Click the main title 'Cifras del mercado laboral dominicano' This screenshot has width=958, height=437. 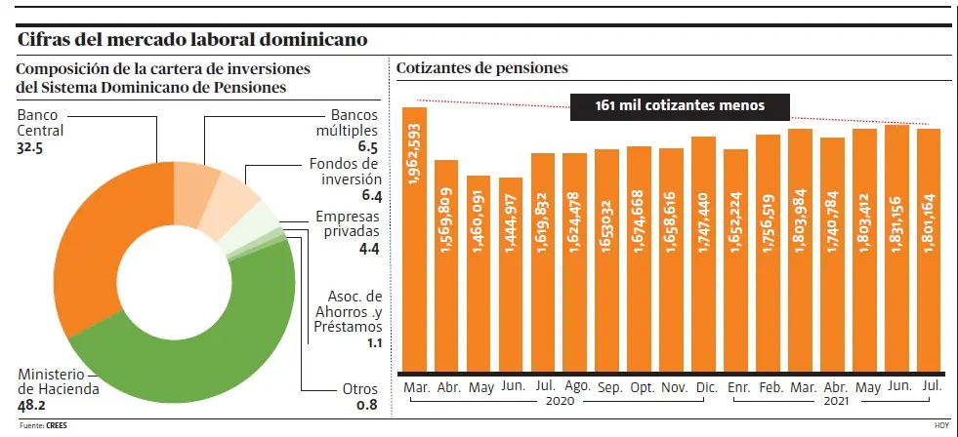tap(193, 40)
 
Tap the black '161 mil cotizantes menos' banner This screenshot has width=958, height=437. tap(680, 105)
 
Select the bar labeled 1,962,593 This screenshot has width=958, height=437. tap(415, 239)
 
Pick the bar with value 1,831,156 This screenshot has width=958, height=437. tap(896, 249)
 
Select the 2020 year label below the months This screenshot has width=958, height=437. tap(560, 402)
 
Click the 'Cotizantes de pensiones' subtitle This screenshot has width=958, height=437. tap(482, 68)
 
